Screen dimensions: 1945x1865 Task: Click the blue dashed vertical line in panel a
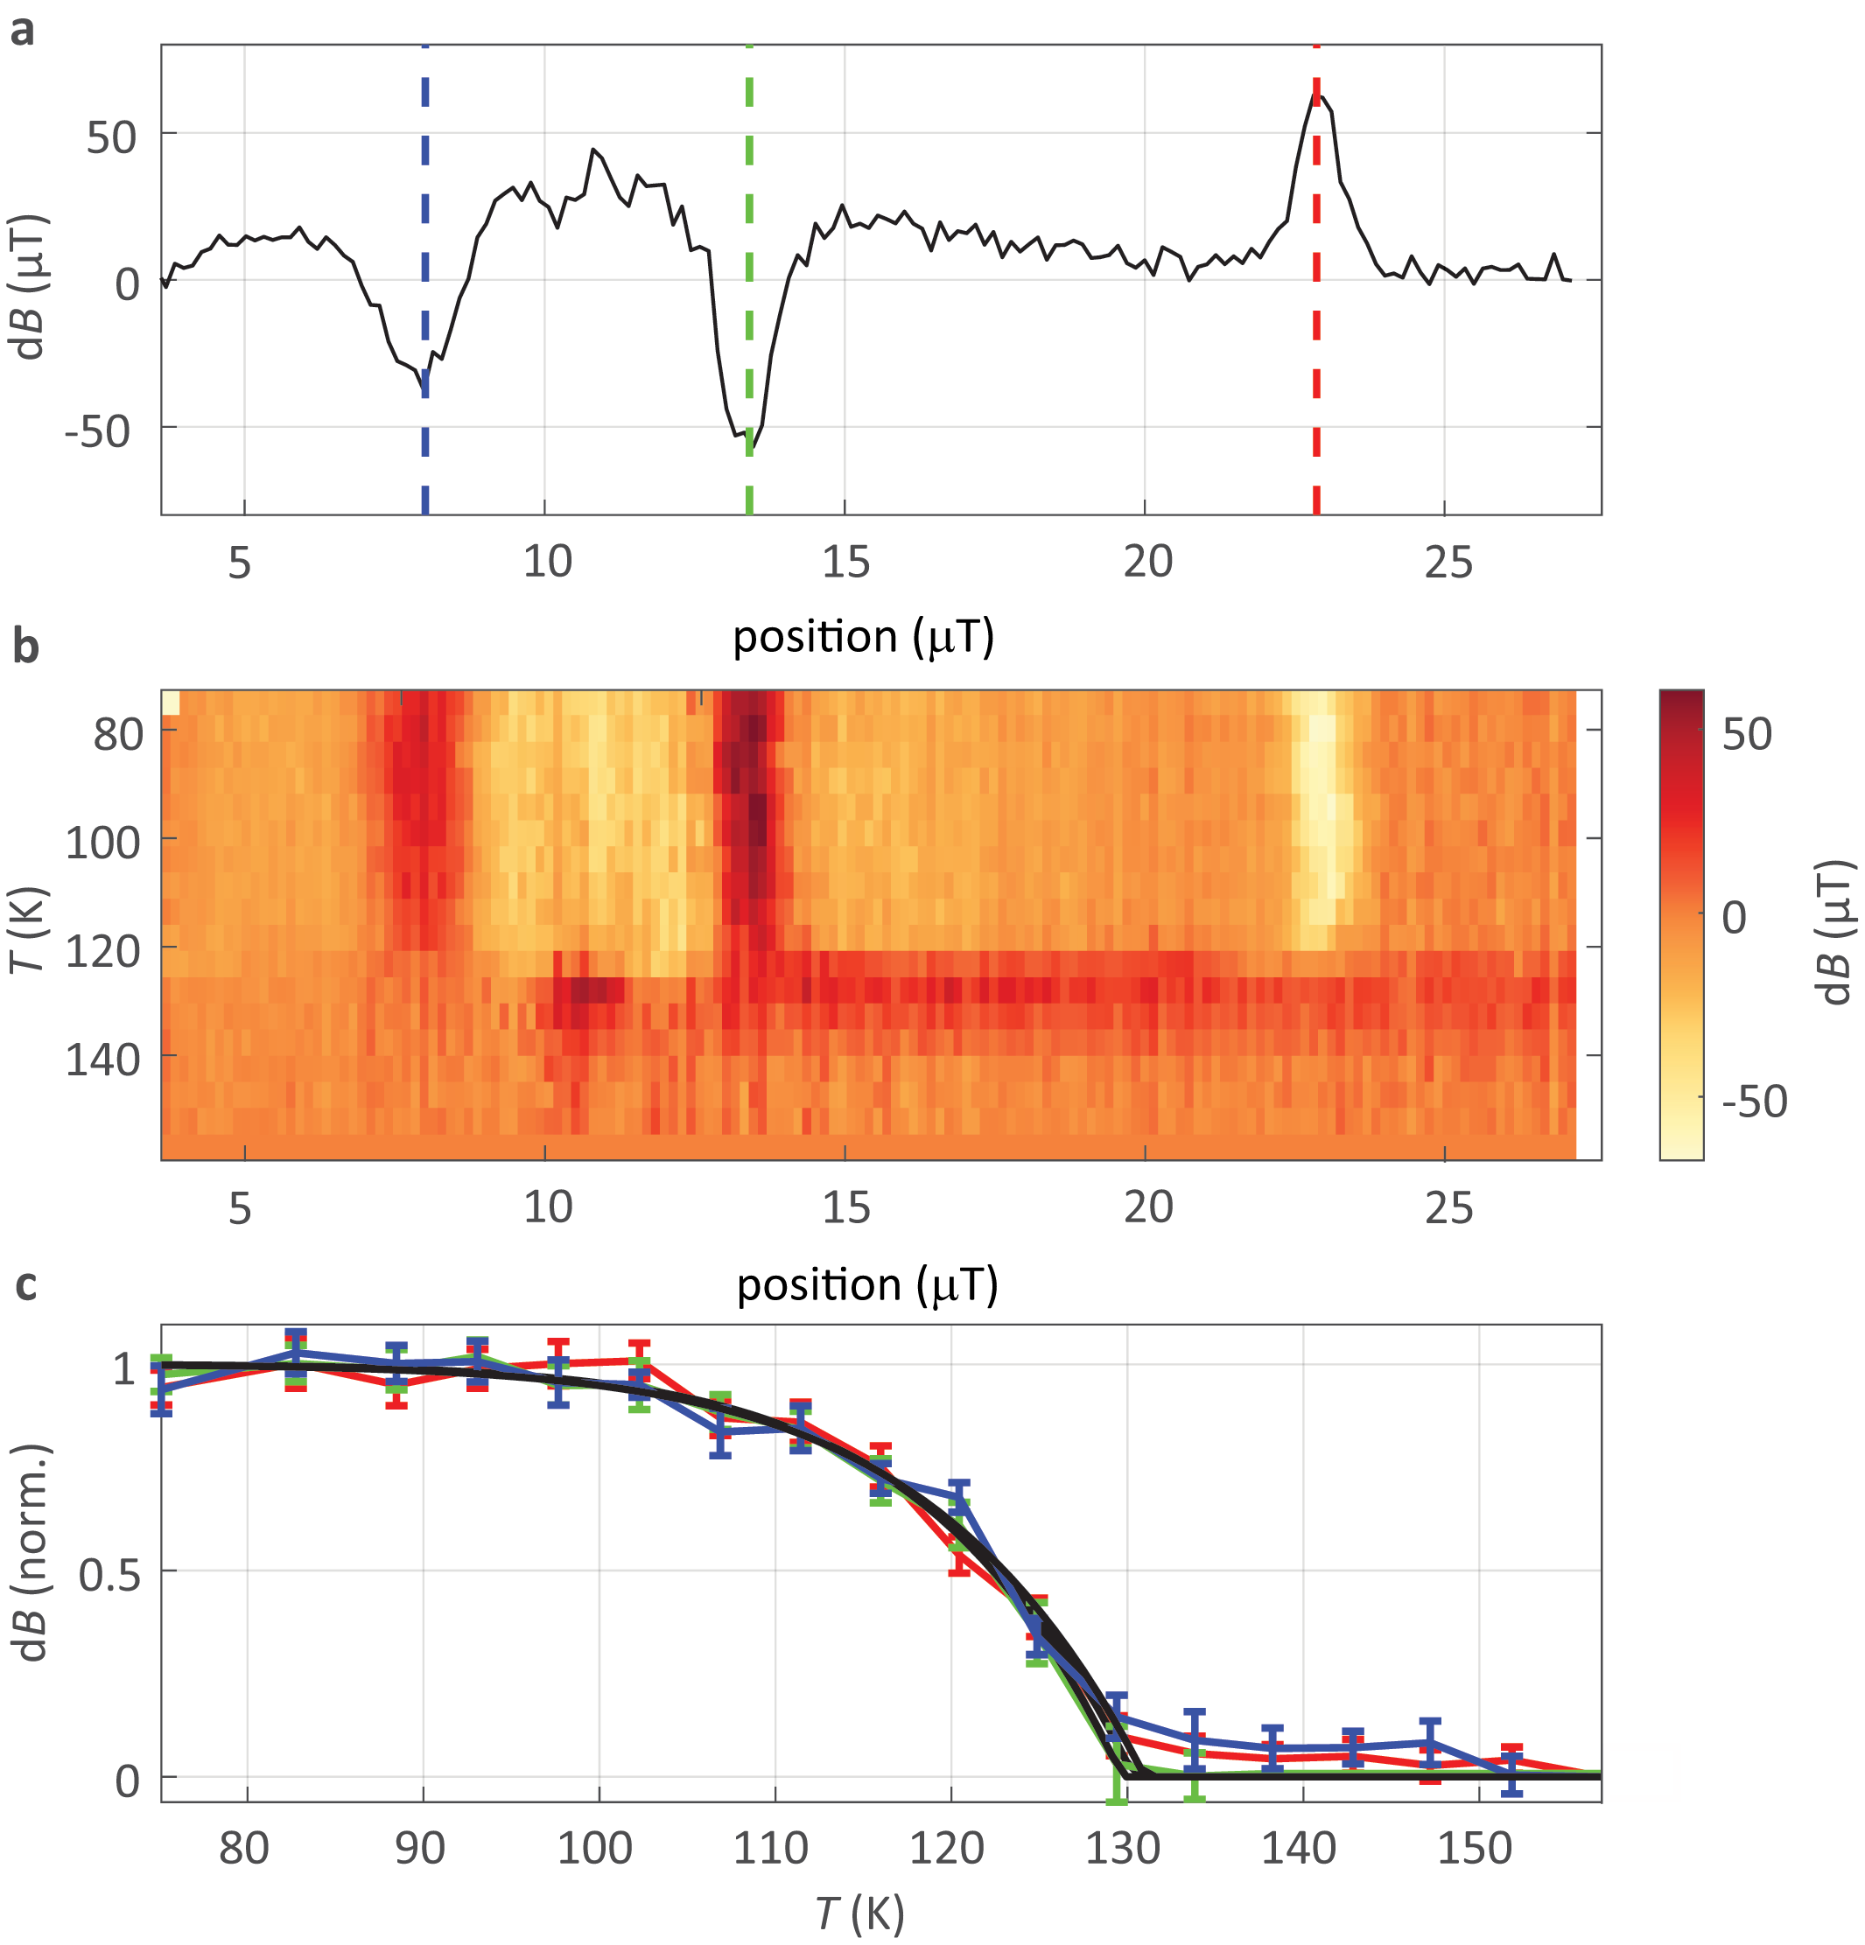tap(424, 199)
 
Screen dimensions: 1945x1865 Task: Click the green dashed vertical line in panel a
tap(749, 199)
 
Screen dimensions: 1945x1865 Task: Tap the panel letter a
tap(22, 30)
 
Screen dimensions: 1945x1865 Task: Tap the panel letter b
tap(25, 646)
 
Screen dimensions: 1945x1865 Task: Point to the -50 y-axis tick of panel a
tap(97, 431)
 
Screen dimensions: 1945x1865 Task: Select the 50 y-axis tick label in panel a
tap(110, 137)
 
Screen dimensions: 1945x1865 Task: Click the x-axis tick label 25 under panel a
tap(1448, 563)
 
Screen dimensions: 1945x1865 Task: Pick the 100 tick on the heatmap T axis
tap(103, 843)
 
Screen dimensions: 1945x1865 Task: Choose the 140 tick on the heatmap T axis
tap(103, 1060)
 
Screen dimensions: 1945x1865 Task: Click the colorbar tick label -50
tap(1754, 1101)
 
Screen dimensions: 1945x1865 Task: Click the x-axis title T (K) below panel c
tap(859, 1914)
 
